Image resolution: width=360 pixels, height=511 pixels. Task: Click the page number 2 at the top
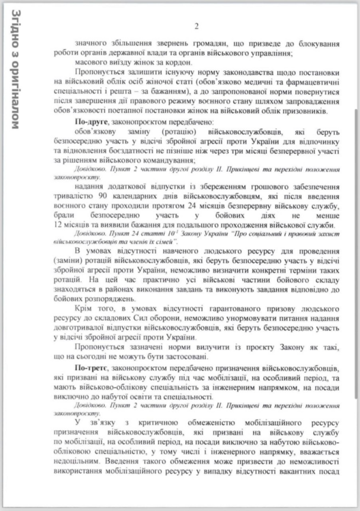coord(196,27)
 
